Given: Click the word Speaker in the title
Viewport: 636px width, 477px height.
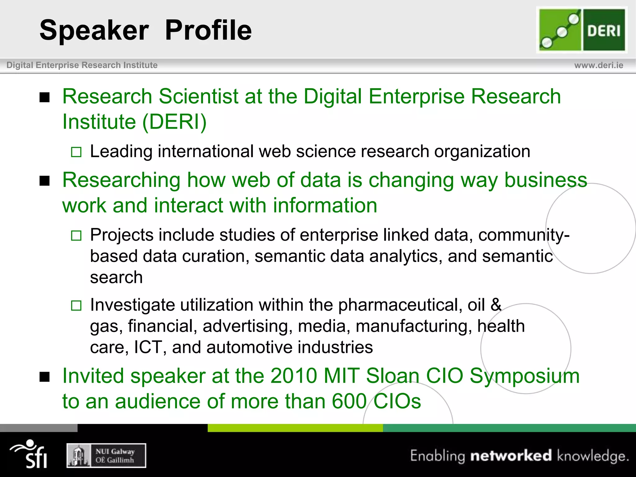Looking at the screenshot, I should tap(94, 30).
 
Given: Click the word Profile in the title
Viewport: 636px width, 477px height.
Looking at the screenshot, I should tap(208, 30).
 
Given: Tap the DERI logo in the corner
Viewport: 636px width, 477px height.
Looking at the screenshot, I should tap(582, 30).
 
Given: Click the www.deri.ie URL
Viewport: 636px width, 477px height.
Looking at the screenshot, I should tap(598, 65).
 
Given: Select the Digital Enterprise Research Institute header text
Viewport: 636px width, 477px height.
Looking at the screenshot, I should tap(82, 65).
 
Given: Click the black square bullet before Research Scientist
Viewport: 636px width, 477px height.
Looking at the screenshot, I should tap(45, 98).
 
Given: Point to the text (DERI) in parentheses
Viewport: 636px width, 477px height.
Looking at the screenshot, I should tap(174, 121).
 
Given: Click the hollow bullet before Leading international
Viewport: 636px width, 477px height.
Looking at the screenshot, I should tap(76, 152).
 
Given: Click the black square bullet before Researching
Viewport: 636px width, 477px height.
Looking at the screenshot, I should tap(45, 181).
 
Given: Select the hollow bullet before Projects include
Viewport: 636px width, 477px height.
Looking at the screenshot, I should tap(76, 236).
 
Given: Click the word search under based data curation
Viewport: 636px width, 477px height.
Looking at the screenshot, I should tap(116, 277).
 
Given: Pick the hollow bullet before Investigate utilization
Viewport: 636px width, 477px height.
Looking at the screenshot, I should tap(76, 306).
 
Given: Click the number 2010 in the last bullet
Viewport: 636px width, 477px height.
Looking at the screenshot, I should tap(293, 376).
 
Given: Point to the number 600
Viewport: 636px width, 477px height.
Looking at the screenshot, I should tap(349, 401).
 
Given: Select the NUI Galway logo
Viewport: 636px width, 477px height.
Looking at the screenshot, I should tap(106, 456).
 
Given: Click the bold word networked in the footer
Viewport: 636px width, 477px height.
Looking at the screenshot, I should tap(511, 456).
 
